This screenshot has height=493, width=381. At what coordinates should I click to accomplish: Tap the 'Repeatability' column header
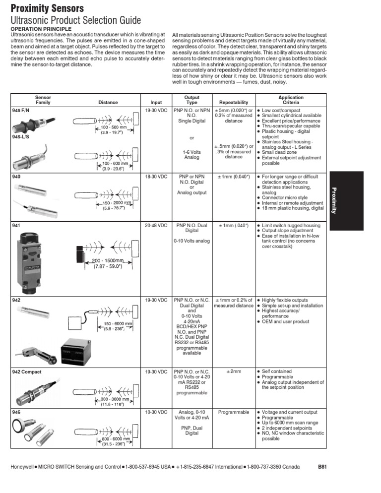tap(233, 103)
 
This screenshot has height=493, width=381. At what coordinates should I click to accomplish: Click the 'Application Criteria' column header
tap(291, 100)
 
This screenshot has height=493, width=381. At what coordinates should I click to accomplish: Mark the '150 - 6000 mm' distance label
tap(118, 324)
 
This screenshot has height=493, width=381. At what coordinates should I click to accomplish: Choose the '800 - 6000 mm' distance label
tap(114, 438)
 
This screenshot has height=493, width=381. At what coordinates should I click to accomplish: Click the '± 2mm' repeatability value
tap(233, 371)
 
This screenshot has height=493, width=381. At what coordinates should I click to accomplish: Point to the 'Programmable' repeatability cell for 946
tap(233, 412)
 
